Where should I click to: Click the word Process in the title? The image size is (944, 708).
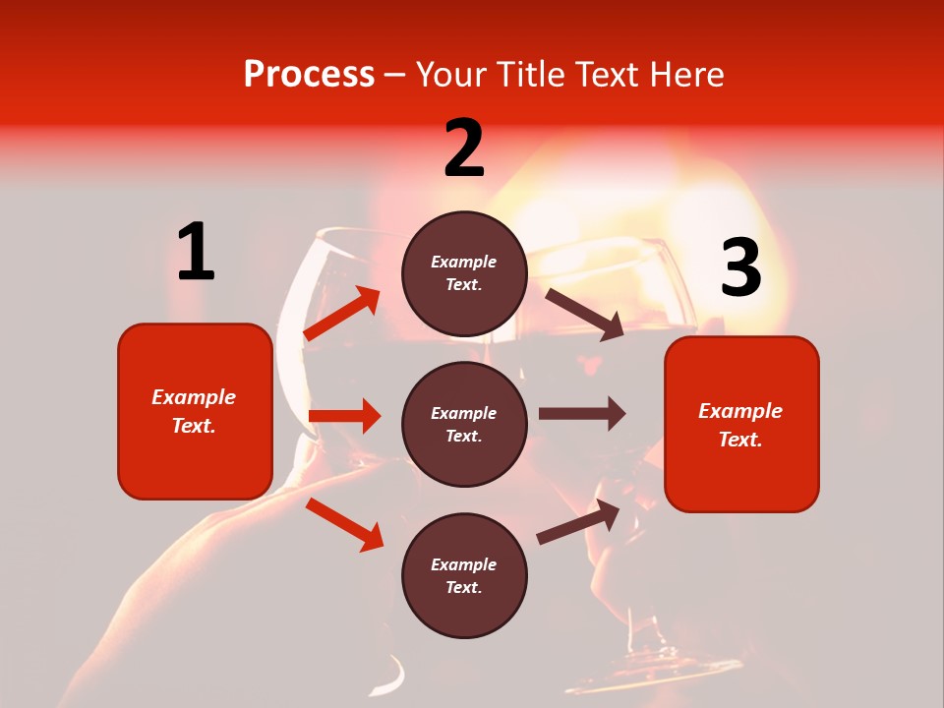pos(309,75)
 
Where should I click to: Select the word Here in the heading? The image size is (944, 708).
pos(685,75)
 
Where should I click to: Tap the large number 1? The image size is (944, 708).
pos(196,253)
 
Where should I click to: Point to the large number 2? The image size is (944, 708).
pos(464,148)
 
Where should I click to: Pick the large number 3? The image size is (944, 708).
pos(740,268)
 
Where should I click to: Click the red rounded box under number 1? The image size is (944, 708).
pos(195,411)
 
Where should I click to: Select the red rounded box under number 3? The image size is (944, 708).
pos(741,425)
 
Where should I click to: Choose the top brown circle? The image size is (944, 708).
pos(464,273)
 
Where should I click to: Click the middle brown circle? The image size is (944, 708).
pos(464,424)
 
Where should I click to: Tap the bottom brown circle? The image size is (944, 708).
pos(464,575)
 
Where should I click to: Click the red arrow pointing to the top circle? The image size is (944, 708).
pos(342,314)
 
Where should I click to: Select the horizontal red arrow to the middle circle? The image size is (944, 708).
pos(344,416)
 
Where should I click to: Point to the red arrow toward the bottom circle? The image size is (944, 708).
pos(344,524)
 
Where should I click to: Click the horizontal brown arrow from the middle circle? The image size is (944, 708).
pos(581,414)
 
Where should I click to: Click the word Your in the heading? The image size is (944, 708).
pos(446,75)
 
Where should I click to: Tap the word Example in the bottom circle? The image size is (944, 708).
pos(464,564)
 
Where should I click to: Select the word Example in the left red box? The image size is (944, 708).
pos(194,397)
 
